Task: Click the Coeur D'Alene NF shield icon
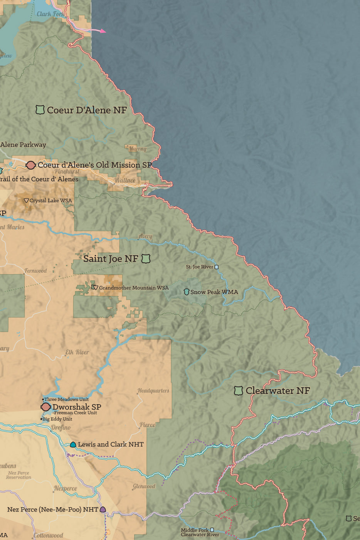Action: click(x=40, y=110)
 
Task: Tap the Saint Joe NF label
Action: click(x=111, y=259)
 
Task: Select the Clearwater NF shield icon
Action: click(x=238, y=391)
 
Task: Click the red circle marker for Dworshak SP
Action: click(x=46, y=407)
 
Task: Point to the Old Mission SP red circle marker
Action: click(x=30, y=165)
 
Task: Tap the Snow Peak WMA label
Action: click(x=214, y=292)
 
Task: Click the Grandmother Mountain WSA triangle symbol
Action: click(x=95, y=287)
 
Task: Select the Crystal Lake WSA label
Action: click(x=50, y=201)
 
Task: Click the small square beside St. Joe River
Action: click(x=216, y=267)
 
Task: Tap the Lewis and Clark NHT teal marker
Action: click(x=73, y=445)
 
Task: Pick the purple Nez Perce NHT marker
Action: click(x=103, y=510)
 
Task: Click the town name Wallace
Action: click(x=124, y=180)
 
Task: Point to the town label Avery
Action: click(x=145, y=236)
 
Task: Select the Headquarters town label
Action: click(x=153, y=391)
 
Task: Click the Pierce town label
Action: click(x=147, y=425)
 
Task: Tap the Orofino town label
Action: click(x=61, y=427)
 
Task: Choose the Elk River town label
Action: click(x=77, y=352)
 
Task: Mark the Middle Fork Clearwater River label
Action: click(x=200, y=532)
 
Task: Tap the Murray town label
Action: click(x=137, y=148)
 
